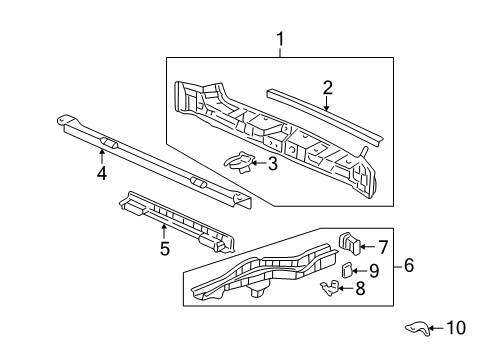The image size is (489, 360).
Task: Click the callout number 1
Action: (281, 40)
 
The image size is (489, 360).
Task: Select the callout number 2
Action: (327, 88)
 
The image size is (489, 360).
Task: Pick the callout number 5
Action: (165, 247)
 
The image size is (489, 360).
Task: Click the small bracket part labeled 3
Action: (241, 159)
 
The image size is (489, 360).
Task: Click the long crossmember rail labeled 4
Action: (150, 160)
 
